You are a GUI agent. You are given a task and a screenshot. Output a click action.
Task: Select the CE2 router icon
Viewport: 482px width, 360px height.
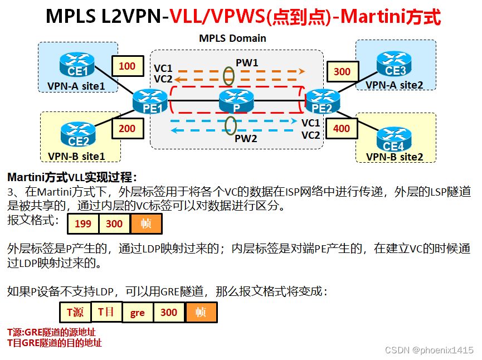tap(79, 133)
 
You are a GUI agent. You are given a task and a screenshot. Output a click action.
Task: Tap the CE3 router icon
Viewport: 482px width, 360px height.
tap(395, 63)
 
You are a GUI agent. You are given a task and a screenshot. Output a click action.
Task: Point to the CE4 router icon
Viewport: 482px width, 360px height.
tap(393, 139)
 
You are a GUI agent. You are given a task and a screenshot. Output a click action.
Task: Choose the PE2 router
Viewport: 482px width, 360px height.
tap(322, 101)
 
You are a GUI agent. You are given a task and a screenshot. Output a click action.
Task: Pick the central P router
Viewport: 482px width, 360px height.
tap(236, 101)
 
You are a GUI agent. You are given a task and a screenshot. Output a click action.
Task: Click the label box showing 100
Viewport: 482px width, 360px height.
tap(127, 66)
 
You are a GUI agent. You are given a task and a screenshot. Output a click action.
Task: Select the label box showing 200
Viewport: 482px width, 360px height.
tap(127, 129)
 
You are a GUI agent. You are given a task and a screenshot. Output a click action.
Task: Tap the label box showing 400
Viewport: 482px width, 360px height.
tap(342, 129)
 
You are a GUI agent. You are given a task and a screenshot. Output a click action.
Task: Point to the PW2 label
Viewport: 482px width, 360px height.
tap(246, 139)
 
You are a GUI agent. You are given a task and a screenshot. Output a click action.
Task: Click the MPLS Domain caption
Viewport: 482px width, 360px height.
tap(232, 38)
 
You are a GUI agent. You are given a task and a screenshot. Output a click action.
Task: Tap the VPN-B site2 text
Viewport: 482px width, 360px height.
tap(395, 157)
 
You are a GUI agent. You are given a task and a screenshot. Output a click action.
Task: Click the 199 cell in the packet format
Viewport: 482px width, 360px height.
tap(83, 223)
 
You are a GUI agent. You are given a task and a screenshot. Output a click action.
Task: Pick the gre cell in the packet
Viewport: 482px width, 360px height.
tap(138, 313)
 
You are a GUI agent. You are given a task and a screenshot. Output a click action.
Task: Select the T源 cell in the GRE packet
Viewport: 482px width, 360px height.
tap(75, 312)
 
